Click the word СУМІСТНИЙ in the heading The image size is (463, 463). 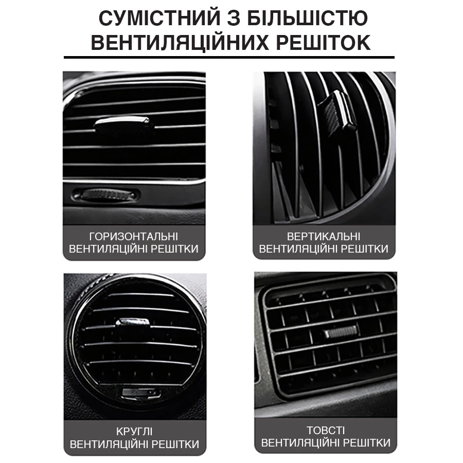(x=160, y=18)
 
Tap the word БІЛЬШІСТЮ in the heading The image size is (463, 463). (x=308, y=18)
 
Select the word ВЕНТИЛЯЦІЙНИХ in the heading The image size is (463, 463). (x=180, y=43)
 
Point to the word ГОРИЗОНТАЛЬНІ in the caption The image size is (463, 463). (x=134, y=237)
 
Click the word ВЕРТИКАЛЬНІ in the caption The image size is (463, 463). (x=324, y=237)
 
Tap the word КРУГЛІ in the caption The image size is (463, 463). (x=134, y=432)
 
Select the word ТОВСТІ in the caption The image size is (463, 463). (x=326, y=431)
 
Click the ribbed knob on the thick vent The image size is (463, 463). (x=341, y=333)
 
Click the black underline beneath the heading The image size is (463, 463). (x=229, y=57)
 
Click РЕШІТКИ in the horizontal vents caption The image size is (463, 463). (x=174, y=249)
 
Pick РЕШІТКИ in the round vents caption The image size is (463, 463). (x=176, y=444)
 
